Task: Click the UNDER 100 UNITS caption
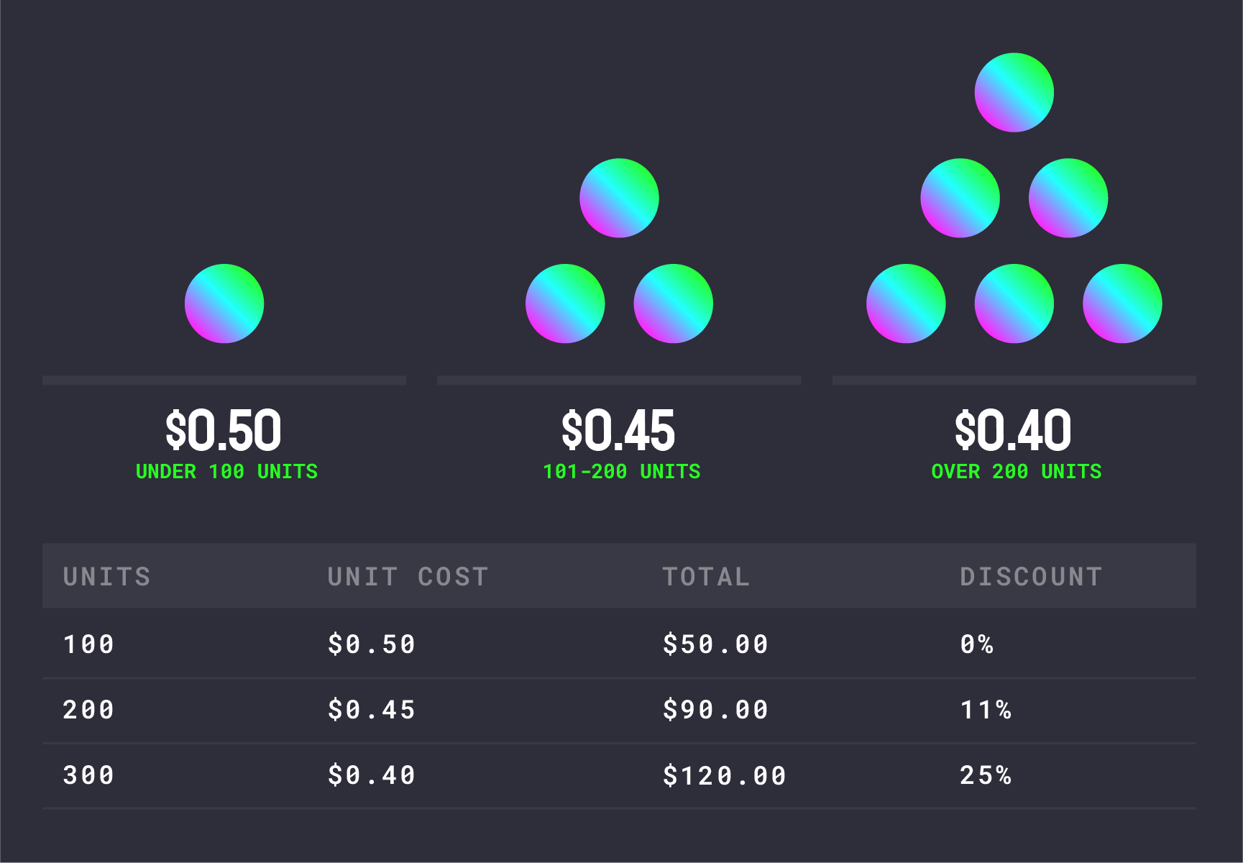tap(226, 472)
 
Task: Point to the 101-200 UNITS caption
tap(622, 472)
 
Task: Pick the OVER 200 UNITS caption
tap(1017, 472)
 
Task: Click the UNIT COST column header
tap(408, 577)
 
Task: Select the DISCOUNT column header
tap(1031, 577)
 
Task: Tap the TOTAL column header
tap(706, 577)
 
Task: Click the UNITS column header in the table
tap(107, 577)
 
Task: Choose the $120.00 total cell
tap(725, 776)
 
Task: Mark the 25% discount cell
tap(986, 775)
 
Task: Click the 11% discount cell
tap(986, 710)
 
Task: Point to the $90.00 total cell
tap(715, 710)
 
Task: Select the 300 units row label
tap(88, 775)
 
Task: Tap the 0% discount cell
tap(976, 644)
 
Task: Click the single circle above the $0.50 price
tap(224, 303)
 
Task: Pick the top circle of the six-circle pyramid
tap(1014, 92)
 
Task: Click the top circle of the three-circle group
tap(619, 198)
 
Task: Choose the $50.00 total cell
tap(715, 644)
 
